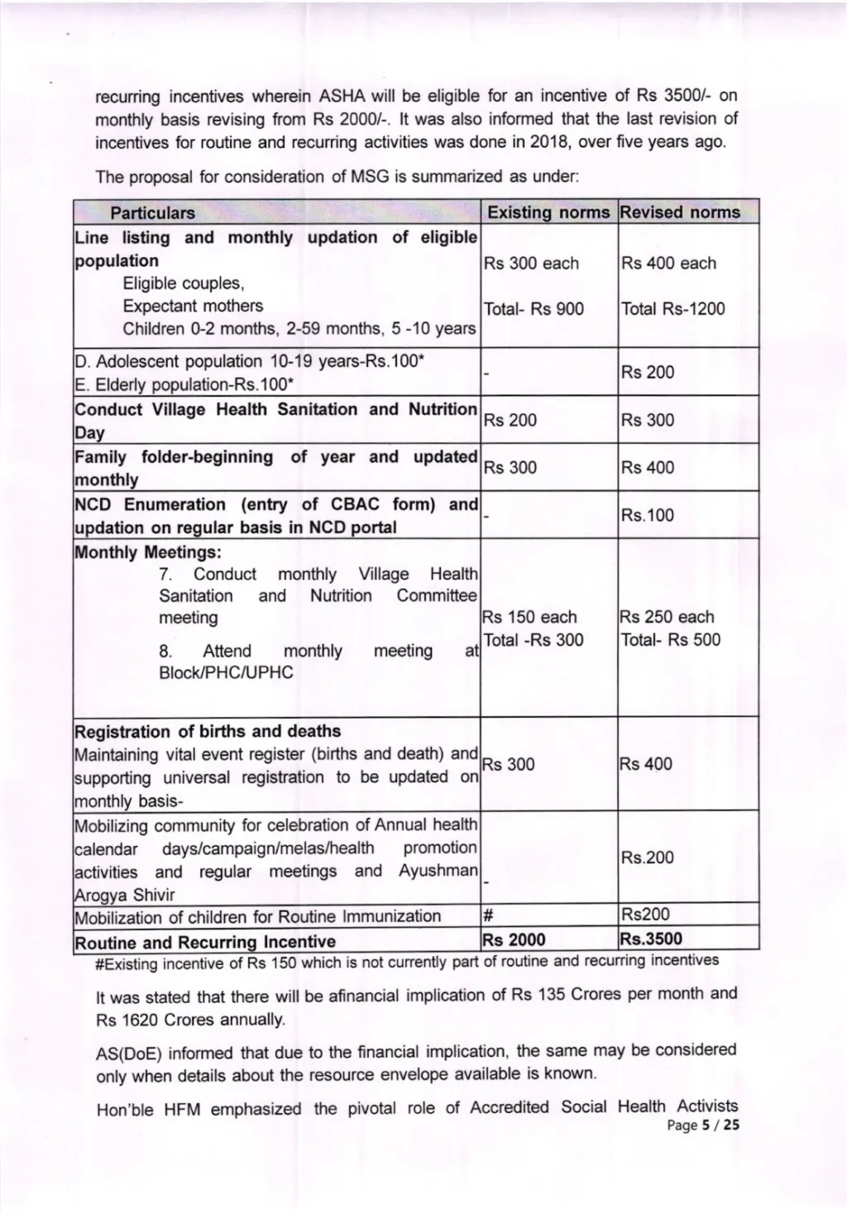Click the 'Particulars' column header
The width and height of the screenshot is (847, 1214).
152,213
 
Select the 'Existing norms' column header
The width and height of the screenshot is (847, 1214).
548,213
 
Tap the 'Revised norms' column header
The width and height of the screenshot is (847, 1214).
680,213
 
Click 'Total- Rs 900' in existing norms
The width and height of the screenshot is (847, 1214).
534,309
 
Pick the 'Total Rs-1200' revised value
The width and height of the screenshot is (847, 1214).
672,309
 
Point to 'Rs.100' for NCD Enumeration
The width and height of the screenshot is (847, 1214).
648,515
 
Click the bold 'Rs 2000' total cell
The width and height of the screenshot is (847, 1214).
514,939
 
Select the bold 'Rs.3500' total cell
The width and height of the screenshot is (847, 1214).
651,939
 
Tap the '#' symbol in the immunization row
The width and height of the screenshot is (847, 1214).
487,915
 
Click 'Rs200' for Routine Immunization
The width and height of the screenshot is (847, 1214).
645,915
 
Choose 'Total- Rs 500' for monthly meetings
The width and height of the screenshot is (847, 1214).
670,639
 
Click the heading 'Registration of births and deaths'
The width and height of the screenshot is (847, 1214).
208,731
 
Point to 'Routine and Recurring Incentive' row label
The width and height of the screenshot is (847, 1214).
205,942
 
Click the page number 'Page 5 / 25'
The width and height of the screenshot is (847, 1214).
702,1125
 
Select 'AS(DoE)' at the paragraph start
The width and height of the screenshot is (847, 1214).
127,1053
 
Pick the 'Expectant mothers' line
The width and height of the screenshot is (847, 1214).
193,306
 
